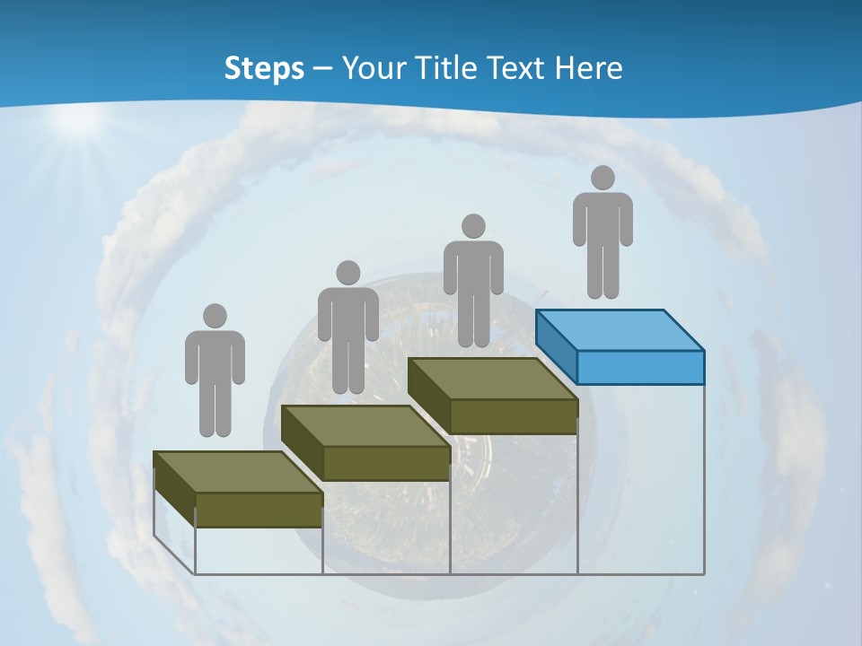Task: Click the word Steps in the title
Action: coord(264,69)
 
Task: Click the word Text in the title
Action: coord(516,69)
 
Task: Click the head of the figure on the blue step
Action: coord(603,178)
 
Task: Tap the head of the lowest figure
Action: coord(215,316)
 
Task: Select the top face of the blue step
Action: coord(620,330)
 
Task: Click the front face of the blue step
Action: coord(640,367)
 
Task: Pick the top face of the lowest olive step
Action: coord(237,472)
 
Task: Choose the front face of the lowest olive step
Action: coord(259,510)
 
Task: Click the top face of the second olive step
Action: coord(365,426)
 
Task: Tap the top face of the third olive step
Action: coord(492,379)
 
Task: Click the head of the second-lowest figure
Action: coord(347,273)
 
